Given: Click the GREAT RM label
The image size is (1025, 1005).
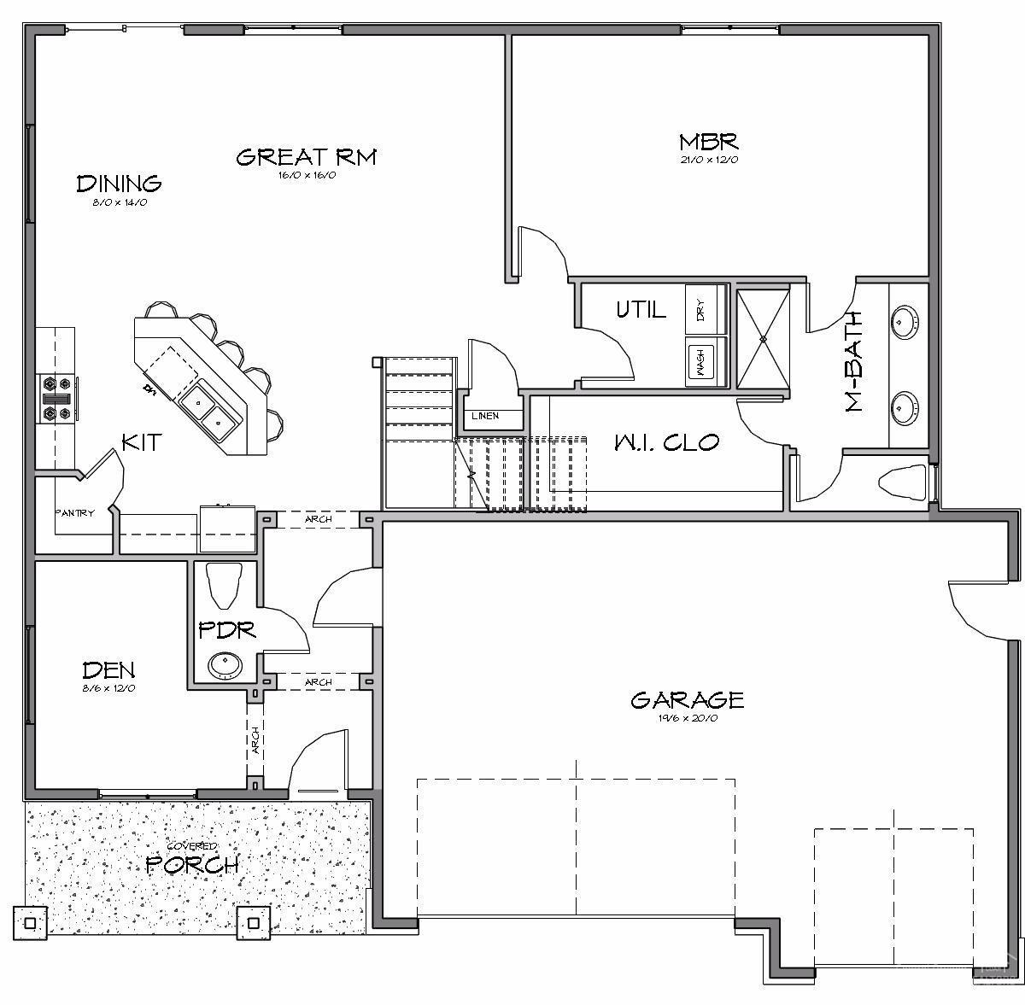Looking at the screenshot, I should tap(306, 157).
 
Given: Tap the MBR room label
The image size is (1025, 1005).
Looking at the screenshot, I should tap(708, 141).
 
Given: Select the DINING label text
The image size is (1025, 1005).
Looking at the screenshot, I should tap(119, 184).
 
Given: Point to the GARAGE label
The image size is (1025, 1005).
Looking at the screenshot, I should tap(687, 700).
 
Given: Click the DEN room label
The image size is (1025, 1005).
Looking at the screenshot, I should tap(108, 670).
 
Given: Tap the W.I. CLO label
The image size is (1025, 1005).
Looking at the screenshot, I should tap(666, 442).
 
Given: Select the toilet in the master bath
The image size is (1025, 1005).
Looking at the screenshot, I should tap(902, 483).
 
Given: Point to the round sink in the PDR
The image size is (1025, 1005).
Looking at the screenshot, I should tap(225, 663).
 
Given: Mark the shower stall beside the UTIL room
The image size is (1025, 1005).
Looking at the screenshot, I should tap(764, 339).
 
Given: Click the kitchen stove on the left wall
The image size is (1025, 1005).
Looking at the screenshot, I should tap(58, 399).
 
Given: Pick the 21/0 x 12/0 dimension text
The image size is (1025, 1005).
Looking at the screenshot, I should tap(708, 160).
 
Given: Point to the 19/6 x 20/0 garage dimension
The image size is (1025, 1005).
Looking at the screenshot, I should tap(687, 719).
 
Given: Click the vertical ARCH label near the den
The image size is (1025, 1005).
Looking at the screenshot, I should tap(255, 740).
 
